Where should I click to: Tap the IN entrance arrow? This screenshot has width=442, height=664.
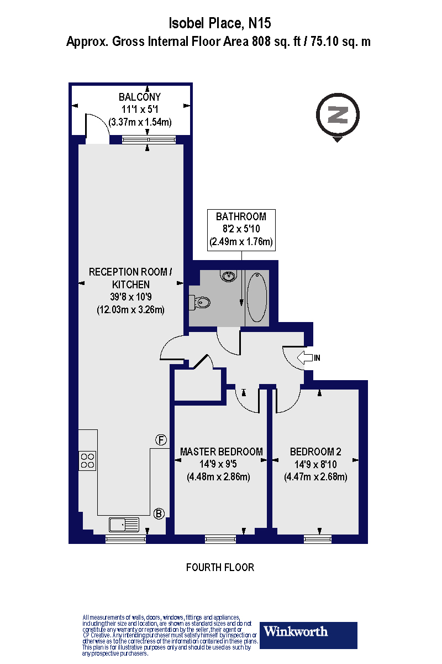click(306, 357)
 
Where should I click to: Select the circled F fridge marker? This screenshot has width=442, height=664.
click(160, 440)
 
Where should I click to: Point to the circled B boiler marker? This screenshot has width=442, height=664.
click(159, 513)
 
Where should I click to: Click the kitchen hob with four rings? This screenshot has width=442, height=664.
click(87, 461)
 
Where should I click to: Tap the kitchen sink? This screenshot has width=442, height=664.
click(124, 523)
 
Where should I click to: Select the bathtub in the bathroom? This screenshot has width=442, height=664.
click(257, 297)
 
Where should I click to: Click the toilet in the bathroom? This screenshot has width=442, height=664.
click(199, 302)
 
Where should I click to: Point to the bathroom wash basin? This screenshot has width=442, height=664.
click(228, 276)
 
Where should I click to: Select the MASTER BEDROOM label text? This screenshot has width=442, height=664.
click(222, 452)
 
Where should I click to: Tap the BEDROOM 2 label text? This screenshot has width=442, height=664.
click(315, 452)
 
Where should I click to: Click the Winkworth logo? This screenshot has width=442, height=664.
click(308, 631)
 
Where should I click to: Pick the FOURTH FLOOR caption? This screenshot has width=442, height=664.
click(220, 567)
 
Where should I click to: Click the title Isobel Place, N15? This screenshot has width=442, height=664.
click(220, 24)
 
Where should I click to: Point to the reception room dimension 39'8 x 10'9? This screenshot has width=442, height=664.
click(130, 297)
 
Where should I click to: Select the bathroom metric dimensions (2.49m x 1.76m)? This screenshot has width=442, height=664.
click(241, 242)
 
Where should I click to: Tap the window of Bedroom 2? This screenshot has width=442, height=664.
click(318, 537)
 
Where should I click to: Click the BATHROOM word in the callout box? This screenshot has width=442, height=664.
click(241, 216)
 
